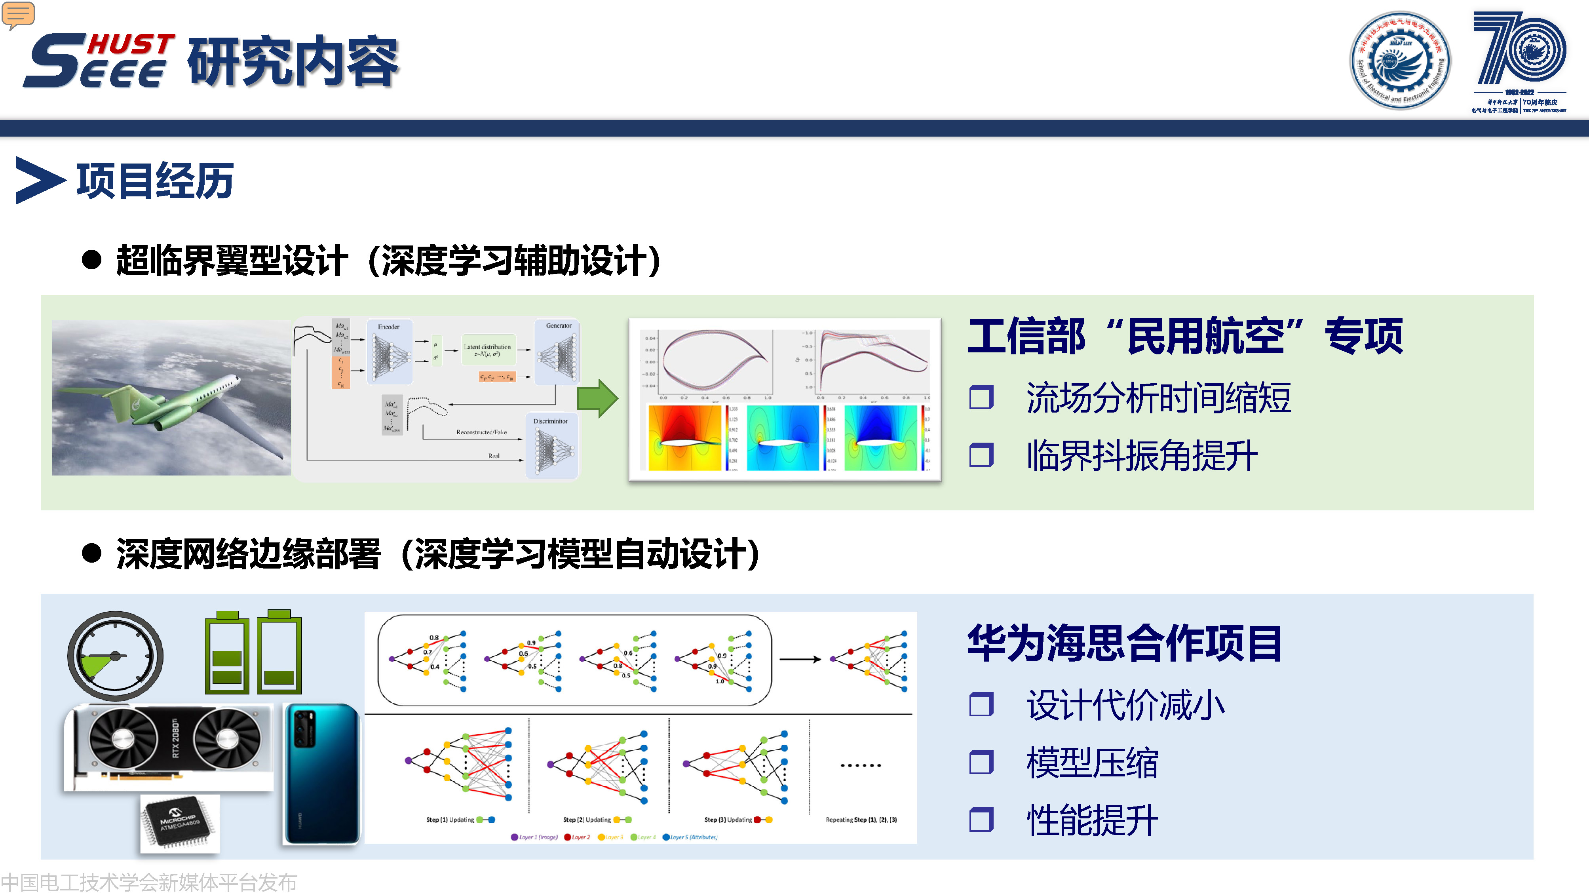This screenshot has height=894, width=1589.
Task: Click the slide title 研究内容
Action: tap(293, 62)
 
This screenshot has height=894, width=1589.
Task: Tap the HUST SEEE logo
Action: tap(99, 61)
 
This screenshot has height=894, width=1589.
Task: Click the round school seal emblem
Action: tap(1400, 61)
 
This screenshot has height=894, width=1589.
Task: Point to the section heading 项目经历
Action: tap(154, 181)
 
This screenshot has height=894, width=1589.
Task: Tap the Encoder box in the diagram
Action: tap(389, 352)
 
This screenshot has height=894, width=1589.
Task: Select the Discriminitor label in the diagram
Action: tap(550, 421)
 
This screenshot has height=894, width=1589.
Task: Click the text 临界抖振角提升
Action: tap(1141, 455)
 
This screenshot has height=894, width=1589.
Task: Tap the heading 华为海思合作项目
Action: tap(1124, 643)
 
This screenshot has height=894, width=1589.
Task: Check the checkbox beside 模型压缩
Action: tap(981, 762)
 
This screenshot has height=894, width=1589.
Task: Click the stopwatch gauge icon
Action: tap(115, 656)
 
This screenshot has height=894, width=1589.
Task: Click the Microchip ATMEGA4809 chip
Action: tap(179, 822)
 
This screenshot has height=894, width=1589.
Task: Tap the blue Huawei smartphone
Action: tap(321, 774)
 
